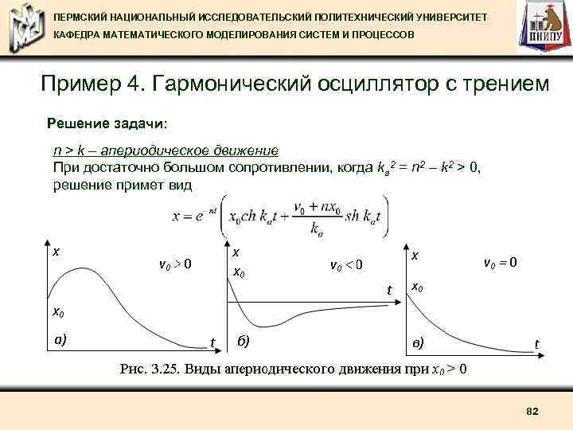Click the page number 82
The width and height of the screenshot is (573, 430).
(532, 410)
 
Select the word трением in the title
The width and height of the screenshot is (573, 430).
(505, 84)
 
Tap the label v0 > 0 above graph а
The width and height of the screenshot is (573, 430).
(175, 264)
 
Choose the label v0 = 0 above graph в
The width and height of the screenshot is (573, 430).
(501, 261)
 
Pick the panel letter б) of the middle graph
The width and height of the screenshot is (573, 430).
(244, 341)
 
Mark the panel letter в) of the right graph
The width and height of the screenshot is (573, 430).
(418, 342)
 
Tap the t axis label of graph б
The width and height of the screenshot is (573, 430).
(389, 290)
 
